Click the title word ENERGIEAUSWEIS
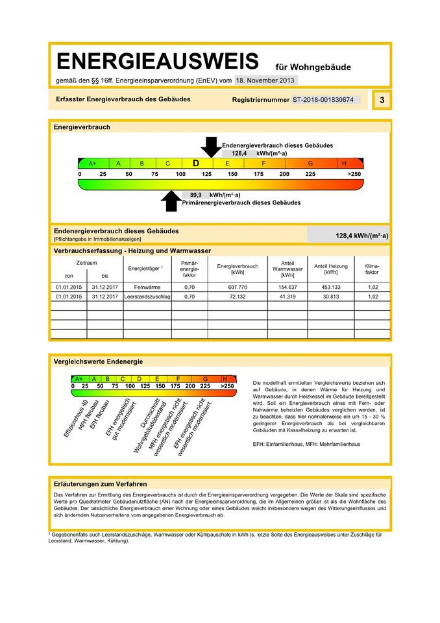[x=158, y=62]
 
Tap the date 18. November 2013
[x=265, y=80]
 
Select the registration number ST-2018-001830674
[x=323, y=100]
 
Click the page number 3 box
[x=382, y=100]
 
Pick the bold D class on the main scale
[x=195, y=164]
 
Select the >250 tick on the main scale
[x=354, y=175]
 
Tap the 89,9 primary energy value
[x=194, y=195]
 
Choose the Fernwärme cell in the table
[x=143, y=286]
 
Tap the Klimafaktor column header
[x=372, y=269]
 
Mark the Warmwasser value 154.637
[x=287, y=286]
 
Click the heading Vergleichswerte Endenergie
[x=98, y=361]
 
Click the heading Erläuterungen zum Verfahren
[x=101, y=484]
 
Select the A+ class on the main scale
[x=92, y=164]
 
